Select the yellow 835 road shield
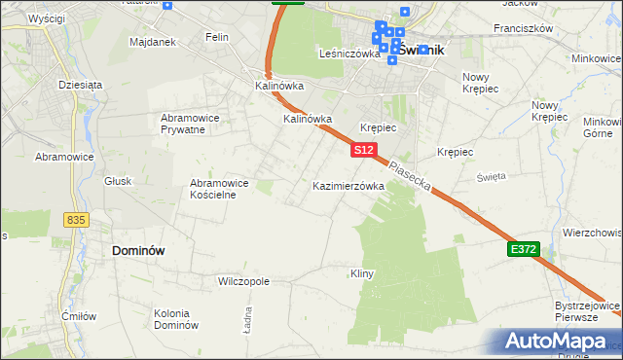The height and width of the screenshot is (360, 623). (x=77, y=220)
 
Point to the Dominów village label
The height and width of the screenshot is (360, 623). (x=138, y=250)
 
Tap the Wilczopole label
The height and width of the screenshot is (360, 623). (x=243, y=281)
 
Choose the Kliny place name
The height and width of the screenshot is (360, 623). (x=361, y=274)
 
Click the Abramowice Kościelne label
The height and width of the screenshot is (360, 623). (x=220, y=188)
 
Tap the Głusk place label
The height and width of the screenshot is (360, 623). (x=118, y=181)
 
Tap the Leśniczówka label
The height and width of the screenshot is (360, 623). (x=349, y=54)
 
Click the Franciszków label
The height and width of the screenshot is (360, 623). (x=523, y=28)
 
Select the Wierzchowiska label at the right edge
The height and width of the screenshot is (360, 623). (x=592, y=234)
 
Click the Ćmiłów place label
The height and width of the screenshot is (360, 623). (x=78, y=315)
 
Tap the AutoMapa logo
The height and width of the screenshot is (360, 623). (x=559, y=342)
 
